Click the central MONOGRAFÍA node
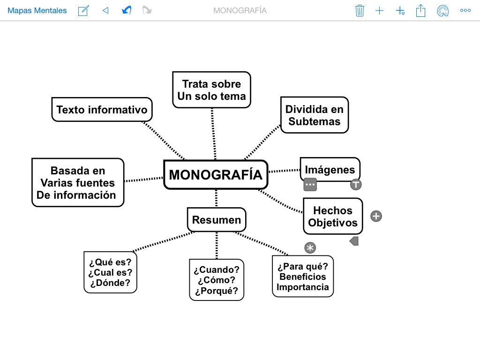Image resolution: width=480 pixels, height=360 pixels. click(x=216, y=175)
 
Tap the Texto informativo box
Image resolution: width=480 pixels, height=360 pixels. click(x=102, y=110)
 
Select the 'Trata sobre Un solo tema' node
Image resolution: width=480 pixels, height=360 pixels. click(x=211, y=90)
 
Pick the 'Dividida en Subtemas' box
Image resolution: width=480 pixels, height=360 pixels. click(x=315, y=115)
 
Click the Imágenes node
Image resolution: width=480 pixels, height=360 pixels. click(x=330, y=169)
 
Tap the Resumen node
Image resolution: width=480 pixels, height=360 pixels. click(x=217, y=220)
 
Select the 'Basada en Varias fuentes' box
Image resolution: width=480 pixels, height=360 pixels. click(x=78, y=183)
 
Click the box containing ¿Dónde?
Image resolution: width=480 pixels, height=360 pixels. click(x=110, y=272)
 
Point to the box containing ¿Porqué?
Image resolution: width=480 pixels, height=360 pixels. click(x=217, y=280)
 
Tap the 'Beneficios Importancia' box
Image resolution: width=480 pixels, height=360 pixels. click(x=303, y=277)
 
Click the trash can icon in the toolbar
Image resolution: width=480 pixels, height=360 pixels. click(x=360, y=10)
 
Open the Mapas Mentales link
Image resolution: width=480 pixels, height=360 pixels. click(x=37, y=10)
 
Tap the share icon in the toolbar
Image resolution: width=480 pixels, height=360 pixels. click(x=420, y=10)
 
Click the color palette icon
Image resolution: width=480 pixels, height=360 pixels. click(x=442, y=10)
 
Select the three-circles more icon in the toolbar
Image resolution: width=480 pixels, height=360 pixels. click(x=465, y=10)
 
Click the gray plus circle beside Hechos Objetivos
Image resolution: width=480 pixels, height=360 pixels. click(x=376, y=216)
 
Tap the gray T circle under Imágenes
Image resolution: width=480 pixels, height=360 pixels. click(x=356, y=184)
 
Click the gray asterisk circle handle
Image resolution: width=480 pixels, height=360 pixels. click(x=310, y=248)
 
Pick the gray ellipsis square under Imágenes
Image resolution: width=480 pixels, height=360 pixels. click(x=310, y=184)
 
